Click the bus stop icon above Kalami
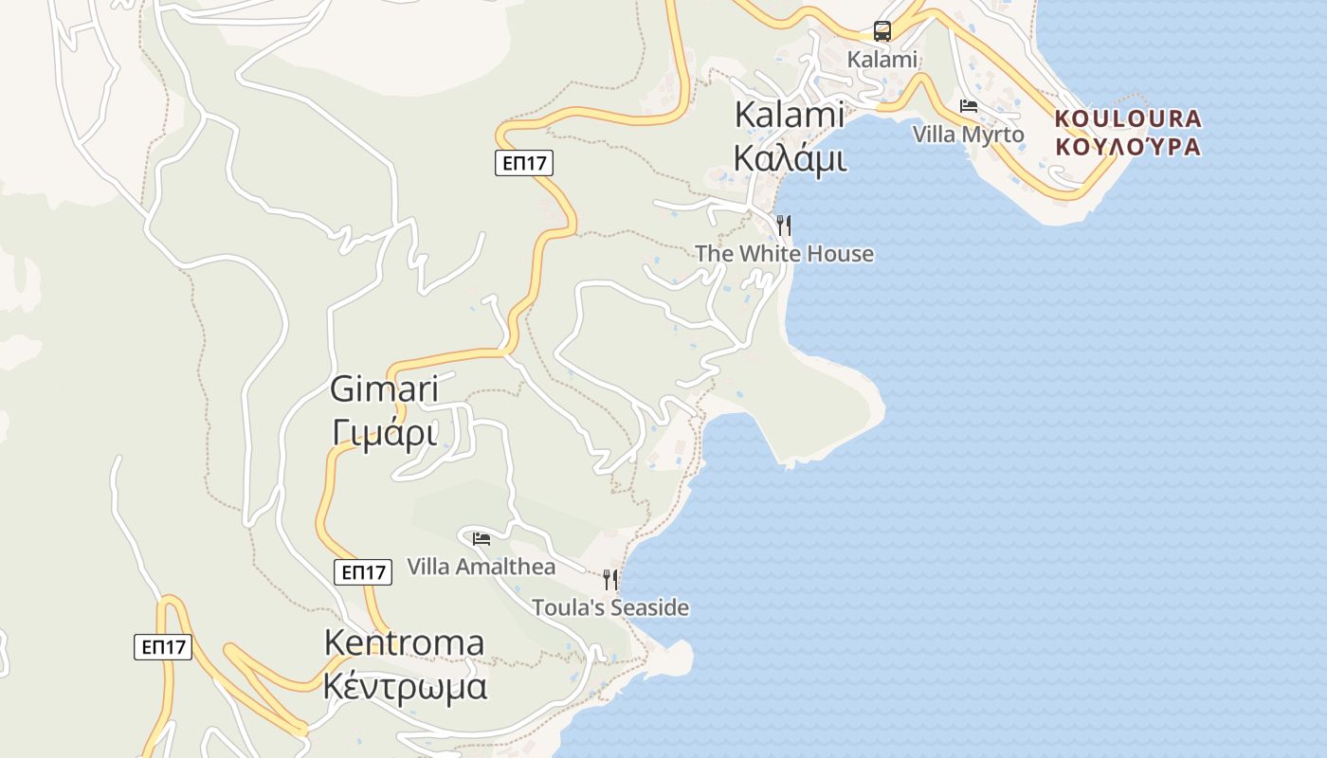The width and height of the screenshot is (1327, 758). coord(882,31)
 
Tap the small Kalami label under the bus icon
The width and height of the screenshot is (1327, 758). coord(882,60)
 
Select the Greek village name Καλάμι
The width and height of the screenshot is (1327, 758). coord(790,158)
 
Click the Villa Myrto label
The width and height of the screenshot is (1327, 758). coord(968,135)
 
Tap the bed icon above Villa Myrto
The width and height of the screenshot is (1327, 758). coord(968,106)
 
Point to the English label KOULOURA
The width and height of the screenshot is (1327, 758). coord(1128,119)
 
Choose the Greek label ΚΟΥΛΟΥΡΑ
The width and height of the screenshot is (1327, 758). coord(1128,147)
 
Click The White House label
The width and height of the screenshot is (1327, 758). coord(784,254)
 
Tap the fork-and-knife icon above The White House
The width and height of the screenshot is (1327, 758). coord(784,226)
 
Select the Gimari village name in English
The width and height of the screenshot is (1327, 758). coord(384,389)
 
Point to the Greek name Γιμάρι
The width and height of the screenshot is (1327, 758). coord(384,433)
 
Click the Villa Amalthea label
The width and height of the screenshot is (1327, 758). coord(481,567)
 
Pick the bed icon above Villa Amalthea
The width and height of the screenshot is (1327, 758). coord(482,539)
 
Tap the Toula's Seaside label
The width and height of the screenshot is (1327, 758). coord(609,607)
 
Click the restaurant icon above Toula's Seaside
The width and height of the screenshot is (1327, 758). coord(610,579)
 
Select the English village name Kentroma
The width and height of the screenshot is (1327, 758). coord(404,642)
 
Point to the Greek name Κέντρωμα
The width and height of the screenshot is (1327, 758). coord(405,685)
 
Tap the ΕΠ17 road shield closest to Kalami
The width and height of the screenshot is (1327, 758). coord(523,163)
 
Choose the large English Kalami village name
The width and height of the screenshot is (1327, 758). coord(790,115)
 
